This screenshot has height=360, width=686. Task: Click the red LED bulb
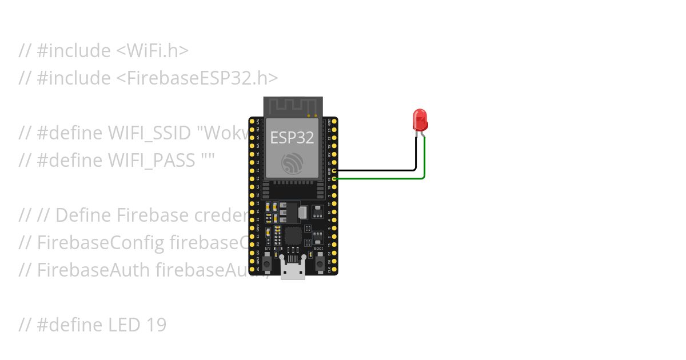(420, 119)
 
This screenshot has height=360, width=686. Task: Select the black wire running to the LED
(377, 170)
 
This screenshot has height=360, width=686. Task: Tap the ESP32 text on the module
(292, 137)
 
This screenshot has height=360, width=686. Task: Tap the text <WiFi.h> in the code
(152, 51)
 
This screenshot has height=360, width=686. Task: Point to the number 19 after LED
(155, 325)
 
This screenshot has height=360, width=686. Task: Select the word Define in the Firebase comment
(84, 215)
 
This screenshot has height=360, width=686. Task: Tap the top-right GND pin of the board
(334, 122)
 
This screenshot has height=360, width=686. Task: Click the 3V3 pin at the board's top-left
(252, 122)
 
